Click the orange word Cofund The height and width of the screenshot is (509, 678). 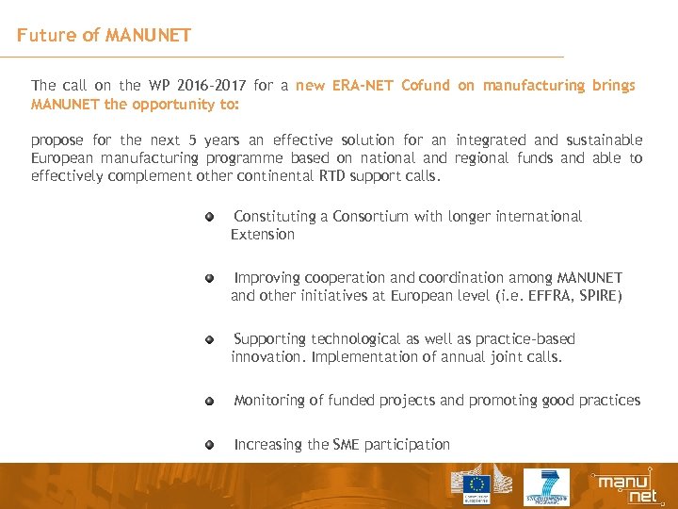(426, 86)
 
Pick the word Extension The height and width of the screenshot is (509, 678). (263, 235)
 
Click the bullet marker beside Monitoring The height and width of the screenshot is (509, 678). (212, 401)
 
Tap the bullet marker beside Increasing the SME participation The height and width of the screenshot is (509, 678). (212, 444)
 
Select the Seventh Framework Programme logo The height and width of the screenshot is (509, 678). (546, 486)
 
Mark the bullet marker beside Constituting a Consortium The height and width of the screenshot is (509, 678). (212, 217)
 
